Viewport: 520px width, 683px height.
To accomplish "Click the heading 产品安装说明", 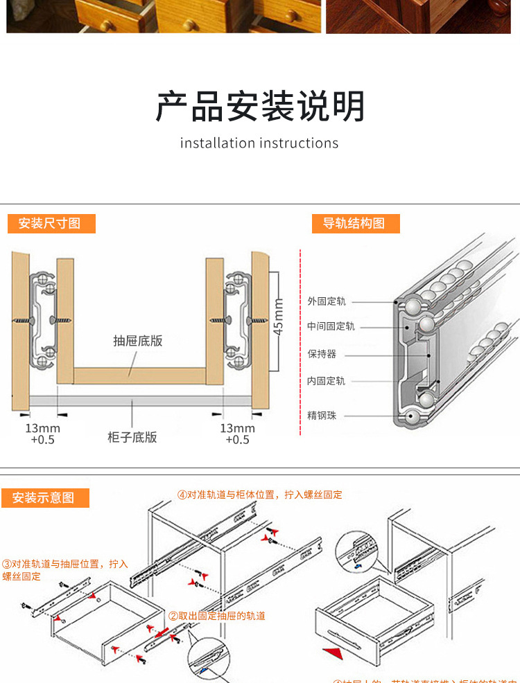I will coord(260,107).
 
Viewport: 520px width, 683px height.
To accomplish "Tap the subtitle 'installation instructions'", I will coord(259,143).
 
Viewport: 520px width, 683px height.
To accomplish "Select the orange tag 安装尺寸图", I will coord(51,223).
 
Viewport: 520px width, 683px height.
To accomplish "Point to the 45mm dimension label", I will coord(279,316).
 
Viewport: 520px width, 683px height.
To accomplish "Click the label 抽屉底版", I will coord(138,341).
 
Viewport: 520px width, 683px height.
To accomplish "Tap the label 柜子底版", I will coord(132,437).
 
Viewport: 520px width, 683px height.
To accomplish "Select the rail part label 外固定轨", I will coord(327,301).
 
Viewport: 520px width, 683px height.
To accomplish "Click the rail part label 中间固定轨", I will coord(331,326).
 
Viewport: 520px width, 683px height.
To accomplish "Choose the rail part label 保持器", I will coord(322,353).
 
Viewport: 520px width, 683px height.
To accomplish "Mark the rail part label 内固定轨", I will coord(327,381).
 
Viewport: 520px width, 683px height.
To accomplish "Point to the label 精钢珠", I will coord(322,416).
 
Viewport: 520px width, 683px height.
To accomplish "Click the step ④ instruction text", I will coord(260,495).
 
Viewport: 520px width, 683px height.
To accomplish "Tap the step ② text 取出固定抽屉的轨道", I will coord(217,615).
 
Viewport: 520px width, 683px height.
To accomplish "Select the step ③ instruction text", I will coord(64,570).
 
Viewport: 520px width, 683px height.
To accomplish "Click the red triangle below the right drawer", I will coord(334,653).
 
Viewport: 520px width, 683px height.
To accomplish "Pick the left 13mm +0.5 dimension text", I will coord(42,434).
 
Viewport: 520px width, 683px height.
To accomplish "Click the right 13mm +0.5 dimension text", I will coord(237,434).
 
